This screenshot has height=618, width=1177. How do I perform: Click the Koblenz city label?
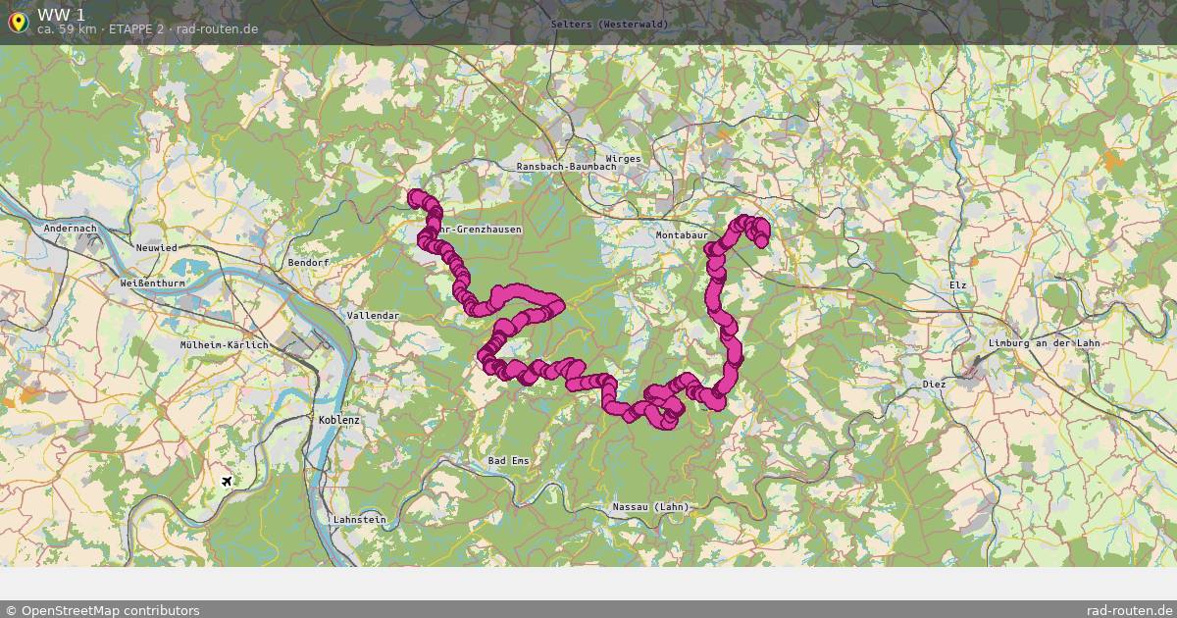pyautogui.click(x=339, y=420)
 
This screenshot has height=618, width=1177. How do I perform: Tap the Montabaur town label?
pyautogui.click(x=682, y=236)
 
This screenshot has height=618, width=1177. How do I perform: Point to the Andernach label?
pyautogui.click(x=71, y=229)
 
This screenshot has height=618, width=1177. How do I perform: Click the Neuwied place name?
pyautogui.click(x=157, y=248)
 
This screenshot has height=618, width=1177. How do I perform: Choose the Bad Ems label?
pyautogui.click(x=508, y=461)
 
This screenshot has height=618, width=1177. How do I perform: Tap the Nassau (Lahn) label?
pyautogui.click(x=650, y=507)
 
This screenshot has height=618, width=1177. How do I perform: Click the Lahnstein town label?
pyautogui.click(x=360, y=519)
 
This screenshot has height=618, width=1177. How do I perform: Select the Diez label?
pyautogui.click(x=934, y=385)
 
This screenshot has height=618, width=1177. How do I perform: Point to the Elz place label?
pyautogui.click(x=958, y=284)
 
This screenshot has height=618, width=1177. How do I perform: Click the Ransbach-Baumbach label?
pyautogui.click(x=566, y=167)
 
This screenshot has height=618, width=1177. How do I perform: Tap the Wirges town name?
pyautogui.click(x=624, y=158)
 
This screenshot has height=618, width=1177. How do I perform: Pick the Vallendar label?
pyautogui.click(x=374, y=316)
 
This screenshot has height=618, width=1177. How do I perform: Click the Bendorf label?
pyautogui.click(x=309, y=263)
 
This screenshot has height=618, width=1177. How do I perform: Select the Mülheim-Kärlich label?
pyautogui.click(x=225, y=345)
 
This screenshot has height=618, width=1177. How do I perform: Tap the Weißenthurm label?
pyautogui.click(x=152, y=283)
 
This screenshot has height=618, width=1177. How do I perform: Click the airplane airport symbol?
pyautogui.click(x=228, y=481)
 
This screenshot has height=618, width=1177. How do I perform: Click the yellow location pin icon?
pyautogui.click(x=18, y=22)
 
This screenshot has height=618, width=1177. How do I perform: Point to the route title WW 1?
pyautogui.click(x=61, y=14)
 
